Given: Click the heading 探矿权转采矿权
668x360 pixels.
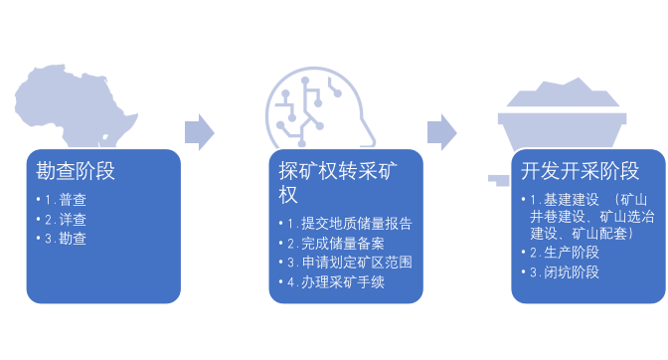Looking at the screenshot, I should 325,181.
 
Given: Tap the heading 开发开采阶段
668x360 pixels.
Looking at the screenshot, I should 580,170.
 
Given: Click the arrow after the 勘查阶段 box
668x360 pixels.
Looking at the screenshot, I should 200,130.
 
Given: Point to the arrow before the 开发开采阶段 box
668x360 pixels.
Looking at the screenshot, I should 442,130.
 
